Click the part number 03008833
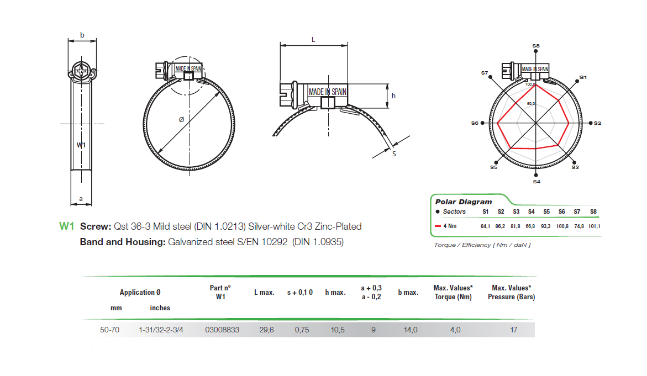point(222,330)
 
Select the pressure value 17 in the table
point(513,330)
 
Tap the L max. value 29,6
point(267,330)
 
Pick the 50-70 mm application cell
point(109,330)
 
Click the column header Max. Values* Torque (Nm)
point(453,292)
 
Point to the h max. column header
point(335,292)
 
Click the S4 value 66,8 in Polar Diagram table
point(530,226)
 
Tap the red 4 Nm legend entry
point(449,226)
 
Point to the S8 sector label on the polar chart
point(536,46)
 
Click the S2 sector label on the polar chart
point(598,123)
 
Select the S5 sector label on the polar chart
point(493,167)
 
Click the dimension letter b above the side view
point(82,35)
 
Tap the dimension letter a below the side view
point(81,198)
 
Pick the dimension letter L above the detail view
point(313,40)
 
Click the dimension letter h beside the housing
point(393,96)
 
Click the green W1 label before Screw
point(66,226)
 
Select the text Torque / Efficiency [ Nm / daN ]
point(482,245)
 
